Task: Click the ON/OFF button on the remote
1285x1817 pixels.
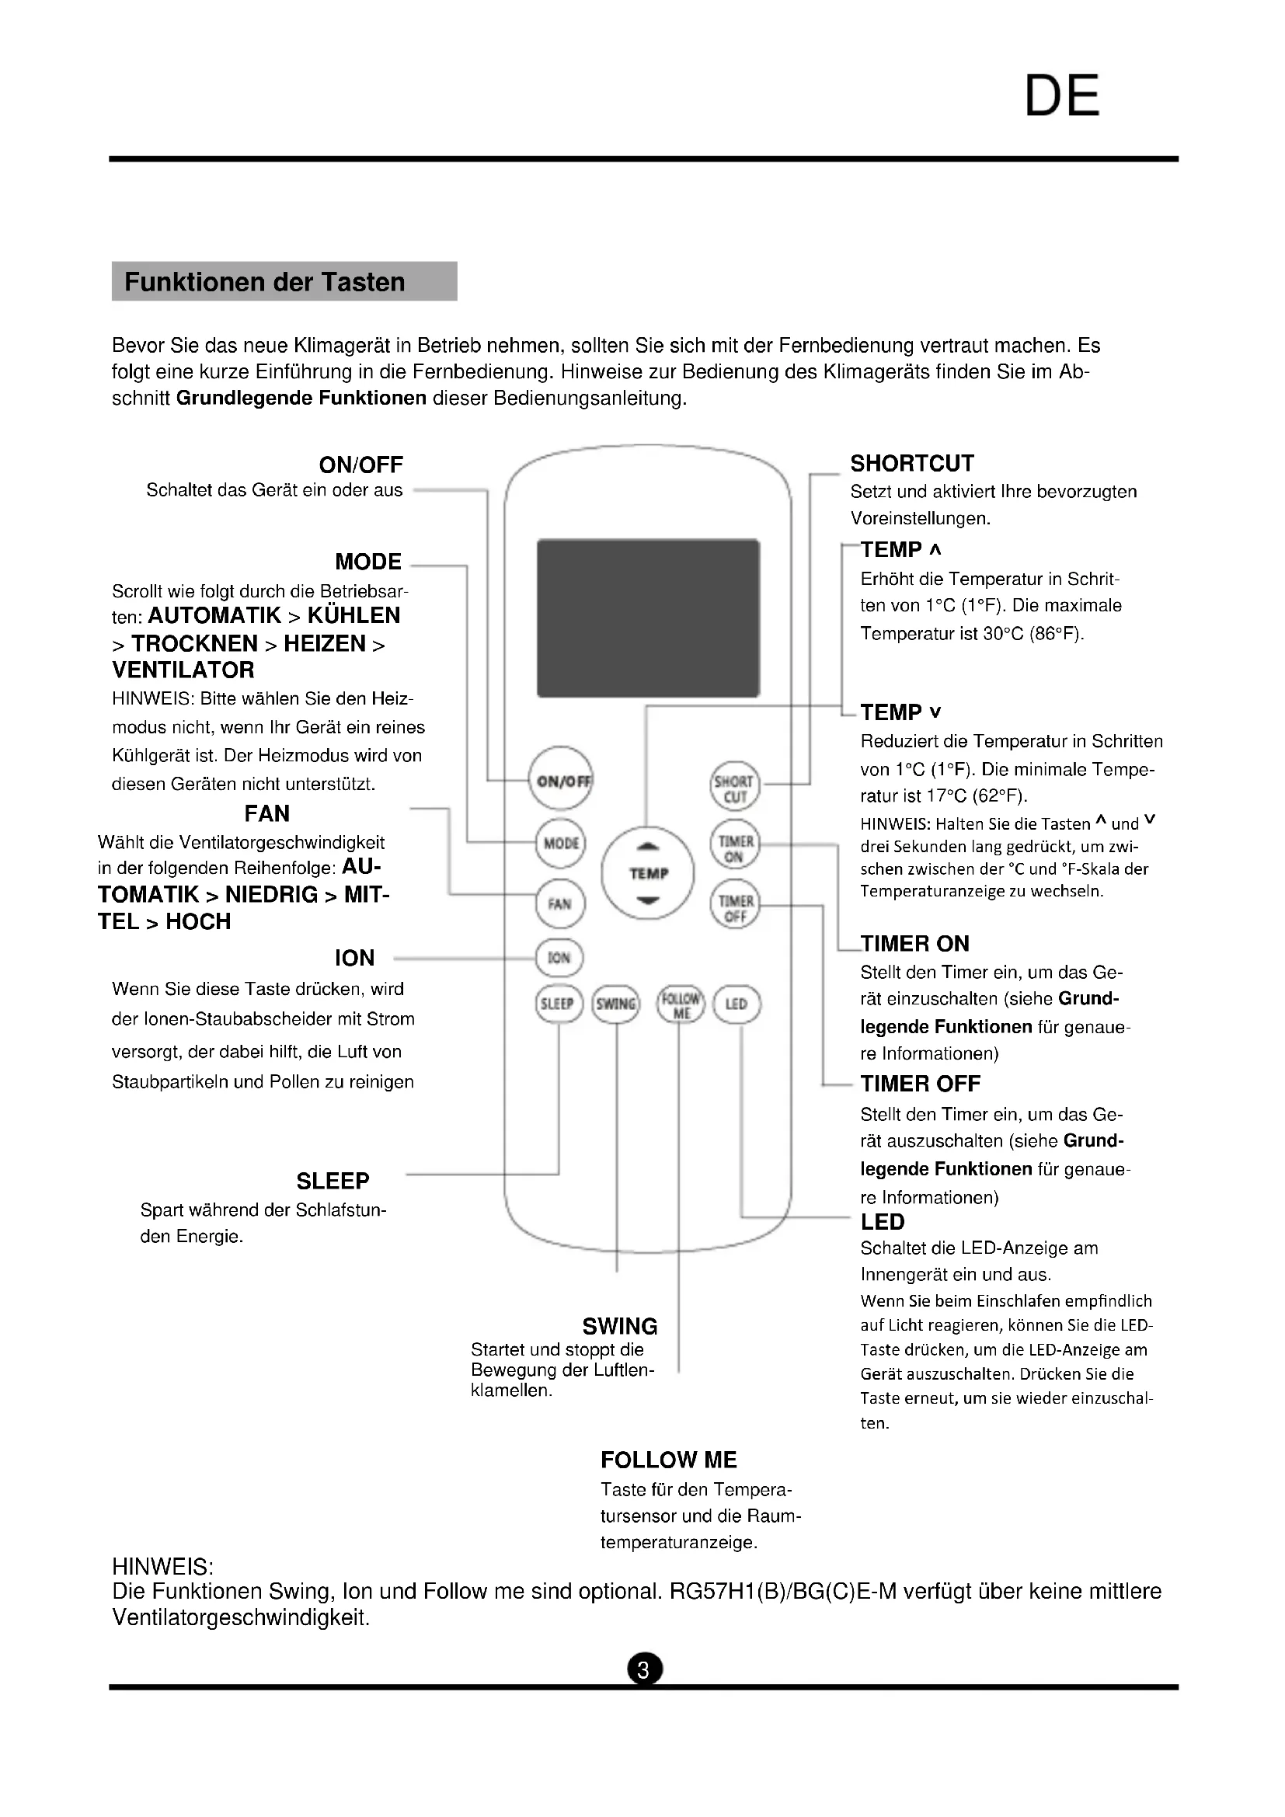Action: click(x=561, y=779)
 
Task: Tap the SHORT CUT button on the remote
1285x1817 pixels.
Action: click(x=735, y=787)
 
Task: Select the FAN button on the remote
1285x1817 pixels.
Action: click(x=560, y=903)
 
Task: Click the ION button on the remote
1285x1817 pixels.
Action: click(x=559, y=958)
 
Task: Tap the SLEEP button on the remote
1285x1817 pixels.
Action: click(x=559, y=1004)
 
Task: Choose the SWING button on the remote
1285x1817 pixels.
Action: click(x=615, y=1004)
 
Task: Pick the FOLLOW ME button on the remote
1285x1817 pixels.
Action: click(x=681, y=1005)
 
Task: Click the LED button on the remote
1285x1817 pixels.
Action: click(x=737, y=1004)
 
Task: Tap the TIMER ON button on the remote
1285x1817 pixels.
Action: click(x=735, y=848)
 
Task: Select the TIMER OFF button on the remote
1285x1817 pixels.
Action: click(x=735, y=907)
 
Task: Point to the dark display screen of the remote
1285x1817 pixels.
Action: click(x=648, y=618)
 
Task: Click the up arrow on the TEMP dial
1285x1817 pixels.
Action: click(x=648, y=848)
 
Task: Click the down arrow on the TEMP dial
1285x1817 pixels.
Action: click(x=648, y=900)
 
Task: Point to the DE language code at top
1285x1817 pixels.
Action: click(x=1062, y=96)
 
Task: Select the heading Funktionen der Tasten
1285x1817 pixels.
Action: click(x=265, y=282)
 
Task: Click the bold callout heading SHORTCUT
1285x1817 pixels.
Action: click(x=912, y=464)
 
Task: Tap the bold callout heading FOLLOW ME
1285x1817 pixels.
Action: click(x=669, y=1460)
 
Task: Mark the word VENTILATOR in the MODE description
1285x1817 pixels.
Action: click(x=183, y=670)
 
